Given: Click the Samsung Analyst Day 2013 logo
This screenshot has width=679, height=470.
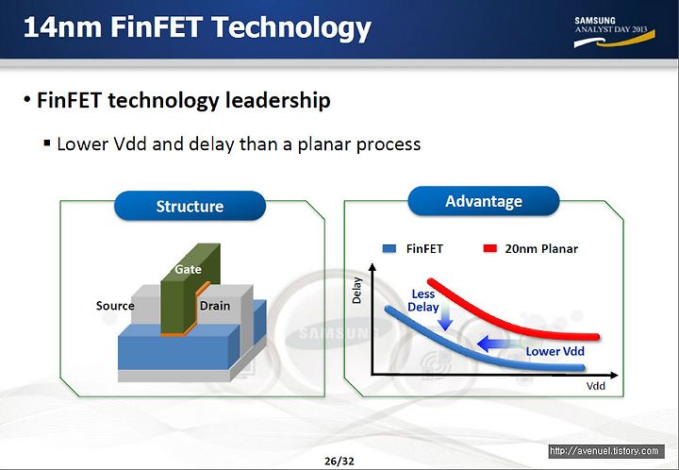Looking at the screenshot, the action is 614,32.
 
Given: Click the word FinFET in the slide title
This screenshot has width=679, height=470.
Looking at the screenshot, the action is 157,26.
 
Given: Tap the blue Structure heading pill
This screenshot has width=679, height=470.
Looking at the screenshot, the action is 190,206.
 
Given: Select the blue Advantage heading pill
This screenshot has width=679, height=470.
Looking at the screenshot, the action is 483,201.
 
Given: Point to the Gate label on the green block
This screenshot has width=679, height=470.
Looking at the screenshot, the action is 188,269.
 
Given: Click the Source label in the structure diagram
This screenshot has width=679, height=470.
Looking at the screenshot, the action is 115,306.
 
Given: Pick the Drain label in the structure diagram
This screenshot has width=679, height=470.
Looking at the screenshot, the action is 215,306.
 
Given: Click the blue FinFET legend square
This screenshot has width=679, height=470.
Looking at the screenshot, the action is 389,248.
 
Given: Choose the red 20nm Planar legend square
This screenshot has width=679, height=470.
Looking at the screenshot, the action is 489,248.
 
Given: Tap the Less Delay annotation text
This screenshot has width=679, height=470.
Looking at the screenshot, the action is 423,300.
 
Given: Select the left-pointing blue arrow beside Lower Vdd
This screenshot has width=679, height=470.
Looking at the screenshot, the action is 498,344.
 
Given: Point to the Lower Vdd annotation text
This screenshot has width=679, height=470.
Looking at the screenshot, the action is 555,351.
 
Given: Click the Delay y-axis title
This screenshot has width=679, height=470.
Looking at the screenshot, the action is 356,291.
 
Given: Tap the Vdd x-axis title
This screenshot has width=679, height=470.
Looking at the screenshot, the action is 596,386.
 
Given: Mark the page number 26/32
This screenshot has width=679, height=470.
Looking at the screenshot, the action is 339,461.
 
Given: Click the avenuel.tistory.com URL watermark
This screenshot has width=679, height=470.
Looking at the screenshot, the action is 606,451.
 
